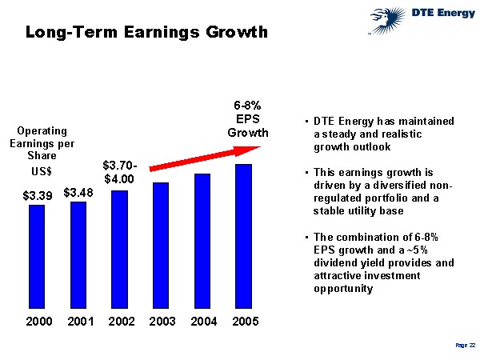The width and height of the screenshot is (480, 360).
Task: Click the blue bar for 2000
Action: click(x=37, y=256)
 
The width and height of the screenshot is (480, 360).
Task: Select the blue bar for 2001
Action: click(x=78, y=254)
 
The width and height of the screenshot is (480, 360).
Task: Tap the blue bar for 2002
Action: click(x=119, y=249)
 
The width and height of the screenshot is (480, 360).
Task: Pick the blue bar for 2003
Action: click(x=161, y=245)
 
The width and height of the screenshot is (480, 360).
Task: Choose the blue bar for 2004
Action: click(x=202, y=240)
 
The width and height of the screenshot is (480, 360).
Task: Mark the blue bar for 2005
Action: click(x=243, y=236)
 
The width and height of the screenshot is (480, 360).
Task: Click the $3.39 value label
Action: click(x=37, y=194)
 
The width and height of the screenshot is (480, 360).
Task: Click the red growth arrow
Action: click(x=207, y=157)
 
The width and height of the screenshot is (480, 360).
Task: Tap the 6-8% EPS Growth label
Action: click(x=248, y=118)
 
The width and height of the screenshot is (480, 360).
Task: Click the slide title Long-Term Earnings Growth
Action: click(x=145, y=33)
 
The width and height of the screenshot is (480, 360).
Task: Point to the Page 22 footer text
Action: click(x=466, y=345)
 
